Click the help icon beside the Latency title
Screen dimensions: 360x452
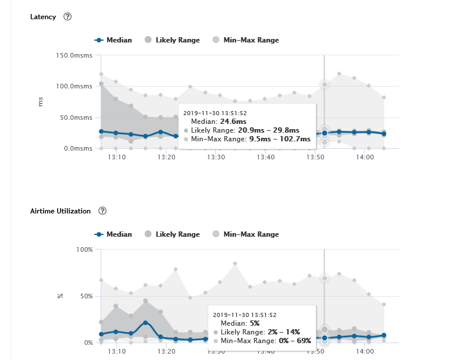click(x=67, y=17)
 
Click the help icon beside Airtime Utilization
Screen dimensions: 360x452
click(x=102, y=211)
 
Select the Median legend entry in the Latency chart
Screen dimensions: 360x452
click(x=113, y=40)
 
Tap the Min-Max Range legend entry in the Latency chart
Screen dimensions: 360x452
click(x=245, y=40)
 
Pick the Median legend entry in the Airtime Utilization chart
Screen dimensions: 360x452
click(x=113, y=234)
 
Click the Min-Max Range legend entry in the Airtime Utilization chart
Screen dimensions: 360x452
click(x=245, y=234)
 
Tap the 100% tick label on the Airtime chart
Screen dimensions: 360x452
click(x=85, y=249)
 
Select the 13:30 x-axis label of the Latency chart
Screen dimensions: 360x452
click(x=216, y=157)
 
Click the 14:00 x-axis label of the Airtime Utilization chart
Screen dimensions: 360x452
click(x=364, y=351)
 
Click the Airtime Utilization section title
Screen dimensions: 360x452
click(x=60, y=211)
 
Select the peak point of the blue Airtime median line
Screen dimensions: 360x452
click(x=146, y=323)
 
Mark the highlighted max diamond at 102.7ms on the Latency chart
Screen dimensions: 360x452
click(x=325, y=84)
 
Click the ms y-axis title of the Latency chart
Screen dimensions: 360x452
click(x=41, y=102)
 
